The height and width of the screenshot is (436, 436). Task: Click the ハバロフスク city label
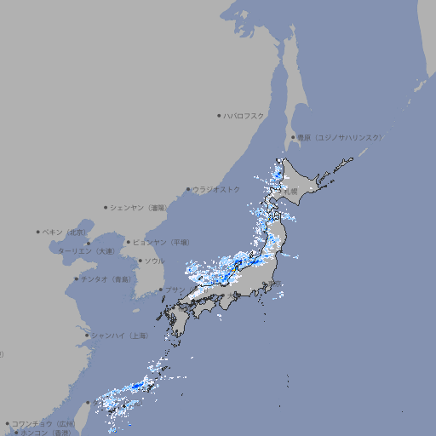pyautogui.click(x=244, y=115)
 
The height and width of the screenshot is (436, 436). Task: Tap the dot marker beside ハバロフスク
pyautogui.click(x=219, y=115)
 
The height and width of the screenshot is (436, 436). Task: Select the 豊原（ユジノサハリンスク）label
pyautogui.click(x=340, y=137)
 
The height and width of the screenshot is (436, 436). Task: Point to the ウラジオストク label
pyautogui.click(x=216, y=189)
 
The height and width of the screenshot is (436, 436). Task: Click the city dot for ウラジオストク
pyautogui.click(x=188, y=189)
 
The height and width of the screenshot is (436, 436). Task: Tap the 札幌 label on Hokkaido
pyautogui.click(x=292, y=191)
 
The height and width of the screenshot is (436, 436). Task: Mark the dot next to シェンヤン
pyautogui.click(x=106, y=207)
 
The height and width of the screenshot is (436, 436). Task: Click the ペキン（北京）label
pyautogui.click(x=66, y=232)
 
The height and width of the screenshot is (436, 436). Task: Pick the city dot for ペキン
pyautogui.click(x=38, y=232)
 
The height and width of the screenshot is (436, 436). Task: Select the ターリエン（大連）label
pyautogui.click(x=86, y=251)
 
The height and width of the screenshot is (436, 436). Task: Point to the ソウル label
pyautogui.click(x=154, y=261)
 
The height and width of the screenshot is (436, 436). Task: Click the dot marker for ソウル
pyautogui.click(x=140, y=261)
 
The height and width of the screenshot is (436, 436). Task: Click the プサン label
pyautogui.click(x=174, y=290)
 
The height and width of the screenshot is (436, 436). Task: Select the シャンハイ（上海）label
pyautogui.click(x=120, y=336)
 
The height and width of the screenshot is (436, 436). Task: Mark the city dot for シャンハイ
pyautogui.click(x=87, y=336)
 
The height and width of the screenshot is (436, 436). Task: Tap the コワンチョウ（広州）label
pyautogui.click(x=43, y=423)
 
